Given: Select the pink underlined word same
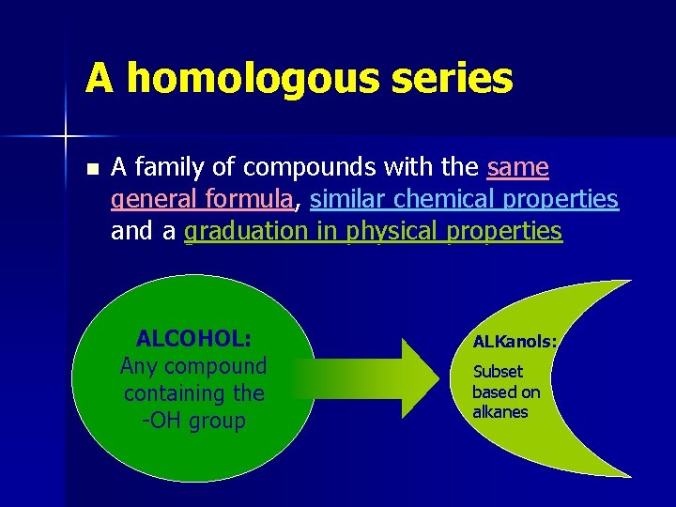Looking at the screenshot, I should pyautogui.click(x=518, y=168).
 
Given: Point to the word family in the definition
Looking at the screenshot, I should pyautogui.click(x=171, y=168).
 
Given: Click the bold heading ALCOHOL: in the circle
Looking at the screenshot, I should pyautogui.click(x=192, y=338).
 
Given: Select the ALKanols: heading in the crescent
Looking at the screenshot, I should pyautogui.click(x=515, y=343).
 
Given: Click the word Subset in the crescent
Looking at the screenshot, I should pyautogui.click(x=498, y=372).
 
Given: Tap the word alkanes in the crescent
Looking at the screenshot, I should pyautogui.click(x=500, y=412).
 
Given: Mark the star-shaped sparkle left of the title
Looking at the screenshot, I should pyautogui.click(x=66, y=137).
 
